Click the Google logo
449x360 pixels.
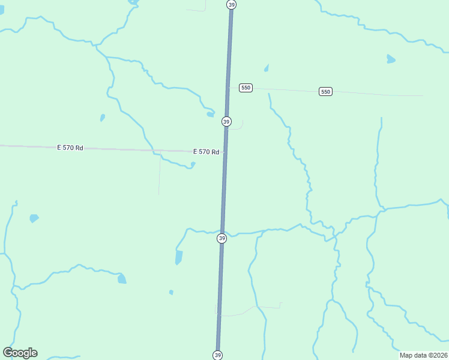tap(20, 353)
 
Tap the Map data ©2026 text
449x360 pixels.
tap(424, 355)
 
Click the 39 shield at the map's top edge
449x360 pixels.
tap(232, 4)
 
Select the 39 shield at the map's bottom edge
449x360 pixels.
tap(217, 355)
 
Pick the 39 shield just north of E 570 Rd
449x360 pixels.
tap(226, 121)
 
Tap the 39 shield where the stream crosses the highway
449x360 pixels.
tap(221, 238)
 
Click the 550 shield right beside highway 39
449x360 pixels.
tap(245, 88)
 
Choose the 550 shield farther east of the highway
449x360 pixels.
tap(325, 91)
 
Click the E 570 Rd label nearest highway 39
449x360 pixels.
tap(206, 152)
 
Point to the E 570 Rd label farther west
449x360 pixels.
tap(70, 148)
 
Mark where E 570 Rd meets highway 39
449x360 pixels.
tap(224, 152)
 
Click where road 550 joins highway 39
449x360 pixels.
tap(228, 88)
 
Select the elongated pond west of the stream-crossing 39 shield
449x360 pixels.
tap(179, 258)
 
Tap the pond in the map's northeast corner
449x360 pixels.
tap(391, 59)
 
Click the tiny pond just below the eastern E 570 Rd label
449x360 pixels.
tap(193, 164)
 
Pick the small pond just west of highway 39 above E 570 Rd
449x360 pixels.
tap(210, 114)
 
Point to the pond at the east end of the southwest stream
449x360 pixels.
tap(122, 278)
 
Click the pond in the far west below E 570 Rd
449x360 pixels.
tap(34, 218)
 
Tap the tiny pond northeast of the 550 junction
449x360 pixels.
tap(266, 68)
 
